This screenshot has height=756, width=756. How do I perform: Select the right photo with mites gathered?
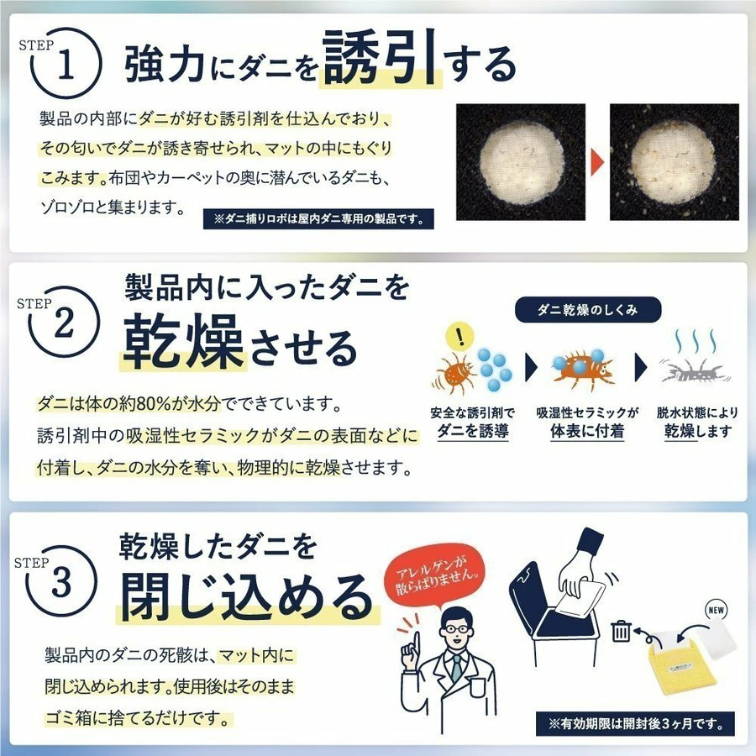674,161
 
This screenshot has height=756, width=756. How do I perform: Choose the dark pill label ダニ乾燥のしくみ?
587,310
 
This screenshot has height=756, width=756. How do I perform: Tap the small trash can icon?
621,629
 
